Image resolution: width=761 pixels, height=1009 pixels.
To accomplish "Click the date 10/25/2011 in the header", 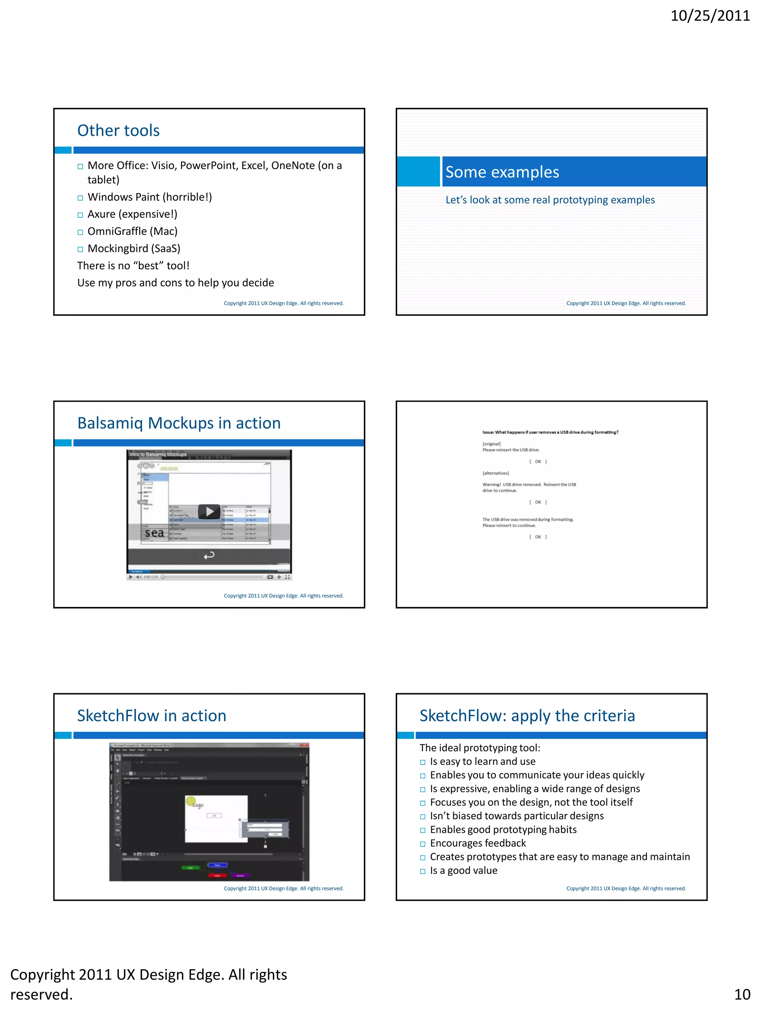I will (709, 16).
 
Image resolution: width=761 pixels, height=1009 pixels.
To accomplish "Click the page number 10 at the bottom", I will (742, 994).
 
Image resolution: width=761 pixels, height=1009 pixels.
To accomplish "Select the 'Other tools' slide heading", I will (118, 130).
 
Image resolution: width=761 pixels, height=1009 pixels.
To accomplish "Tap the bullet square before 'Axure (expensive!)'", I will (80, 215).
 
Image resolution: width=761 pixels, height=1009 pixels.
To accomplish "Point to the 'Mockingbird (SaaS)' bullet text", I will (134, 249).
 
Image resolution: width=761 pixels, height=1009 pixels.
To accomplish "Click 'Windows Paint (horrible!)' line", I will (150, 197).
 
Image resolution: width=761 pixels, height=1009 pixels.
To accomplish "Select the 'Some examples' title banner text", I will (502, 172).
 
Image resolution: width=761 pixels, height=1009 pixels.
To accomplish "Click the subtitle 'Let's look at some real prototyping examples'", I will (550, 200).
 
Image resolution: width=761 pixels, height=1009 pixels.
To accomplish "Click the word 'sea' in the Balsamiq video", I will (154, 533).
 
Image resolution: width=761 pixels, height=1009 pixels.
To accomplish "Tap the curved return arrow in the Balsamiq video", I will (209, 555).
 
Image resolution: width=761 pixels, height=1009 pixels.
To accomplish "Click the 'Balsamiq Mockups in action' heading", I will (179, 423).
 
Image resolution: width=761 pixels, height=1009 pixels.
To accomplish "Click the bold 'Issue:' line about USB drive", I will (550, 432).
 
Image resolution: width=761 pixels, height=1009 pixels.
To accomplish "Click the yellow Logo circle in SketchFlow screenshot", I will (191, 801).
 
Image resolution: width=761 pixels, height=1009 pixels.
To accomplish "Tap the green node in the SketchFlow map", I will (190, 867).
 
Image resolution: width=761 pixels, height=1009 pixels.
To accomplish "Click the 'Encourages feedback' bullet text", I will (478, 843).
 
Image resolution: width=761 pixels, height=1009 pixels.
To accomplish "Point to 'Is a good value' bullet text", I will (463, 870).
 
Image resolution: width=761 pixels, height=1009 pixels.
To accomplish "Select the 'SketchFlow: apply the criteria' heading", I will (527, 716).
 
